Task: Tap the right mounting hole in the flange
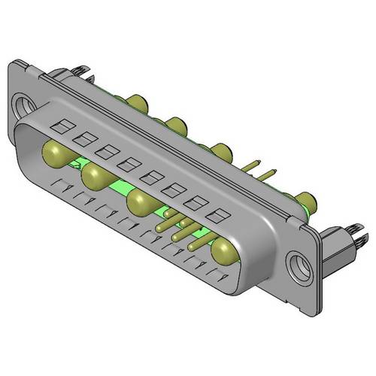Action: click(301, 265)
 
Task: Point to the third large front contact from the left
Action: click(142, 204)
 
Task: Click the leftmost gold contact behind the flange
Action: click(137, 101)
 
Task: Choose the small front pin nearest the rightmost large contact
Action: click(197, 242)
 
